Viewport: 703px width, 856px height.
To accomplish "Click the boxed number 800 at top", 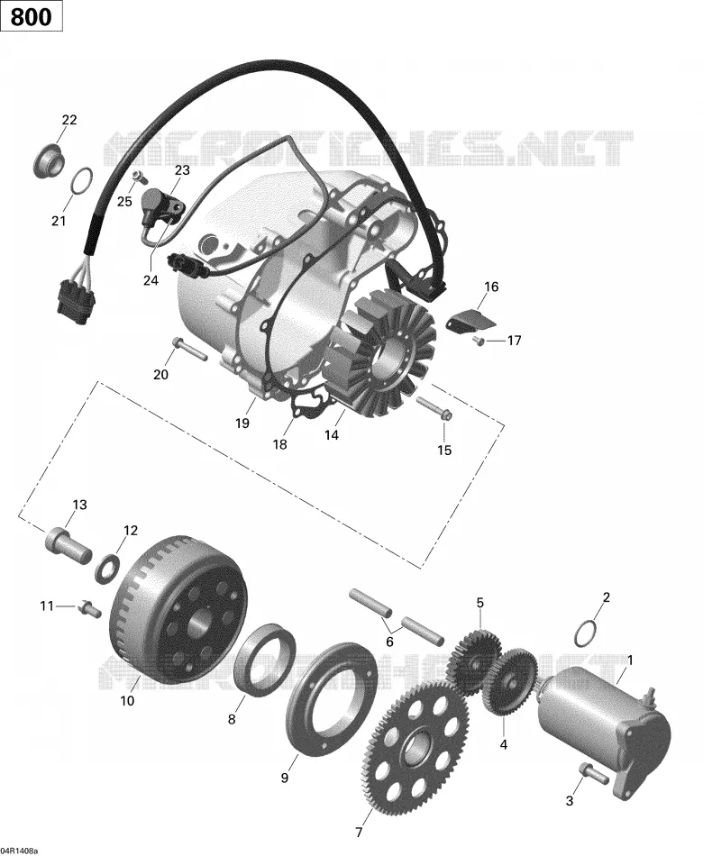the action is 32,17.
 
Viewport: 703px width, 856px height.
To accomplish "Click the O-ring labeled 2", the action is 585,633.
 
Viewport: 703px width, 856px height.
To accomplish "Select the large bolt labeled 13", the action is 67,543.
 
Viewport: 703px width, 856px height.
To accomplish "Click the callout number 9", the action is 284,778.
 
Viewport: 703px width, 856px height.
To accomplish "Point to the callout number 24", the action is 151,280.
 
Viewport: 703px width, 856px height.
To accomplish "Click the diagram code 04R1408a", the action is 19,851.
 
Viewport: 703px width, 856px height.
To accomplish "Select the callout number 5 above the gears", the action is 480,603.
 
